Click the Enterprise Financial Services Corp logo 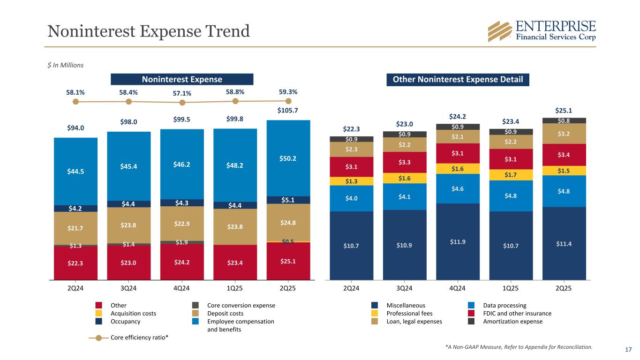542,31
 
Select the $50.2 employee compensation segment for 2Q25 288,158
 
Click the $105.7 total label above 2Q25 288,111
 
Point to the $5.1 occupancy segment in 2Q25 288,200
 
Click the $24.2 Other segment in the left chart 182,262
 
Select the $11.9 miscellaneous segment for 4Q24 458,242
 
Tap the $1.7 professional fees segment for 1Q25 511,175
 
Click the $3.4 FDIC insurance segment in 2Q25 564,155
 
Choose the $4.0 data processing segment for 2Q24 351,198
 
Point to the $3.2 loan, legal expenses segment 564,134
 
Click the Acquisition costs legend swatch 98,314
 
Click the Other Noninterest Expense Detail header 458,79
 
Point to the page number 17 629,349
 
